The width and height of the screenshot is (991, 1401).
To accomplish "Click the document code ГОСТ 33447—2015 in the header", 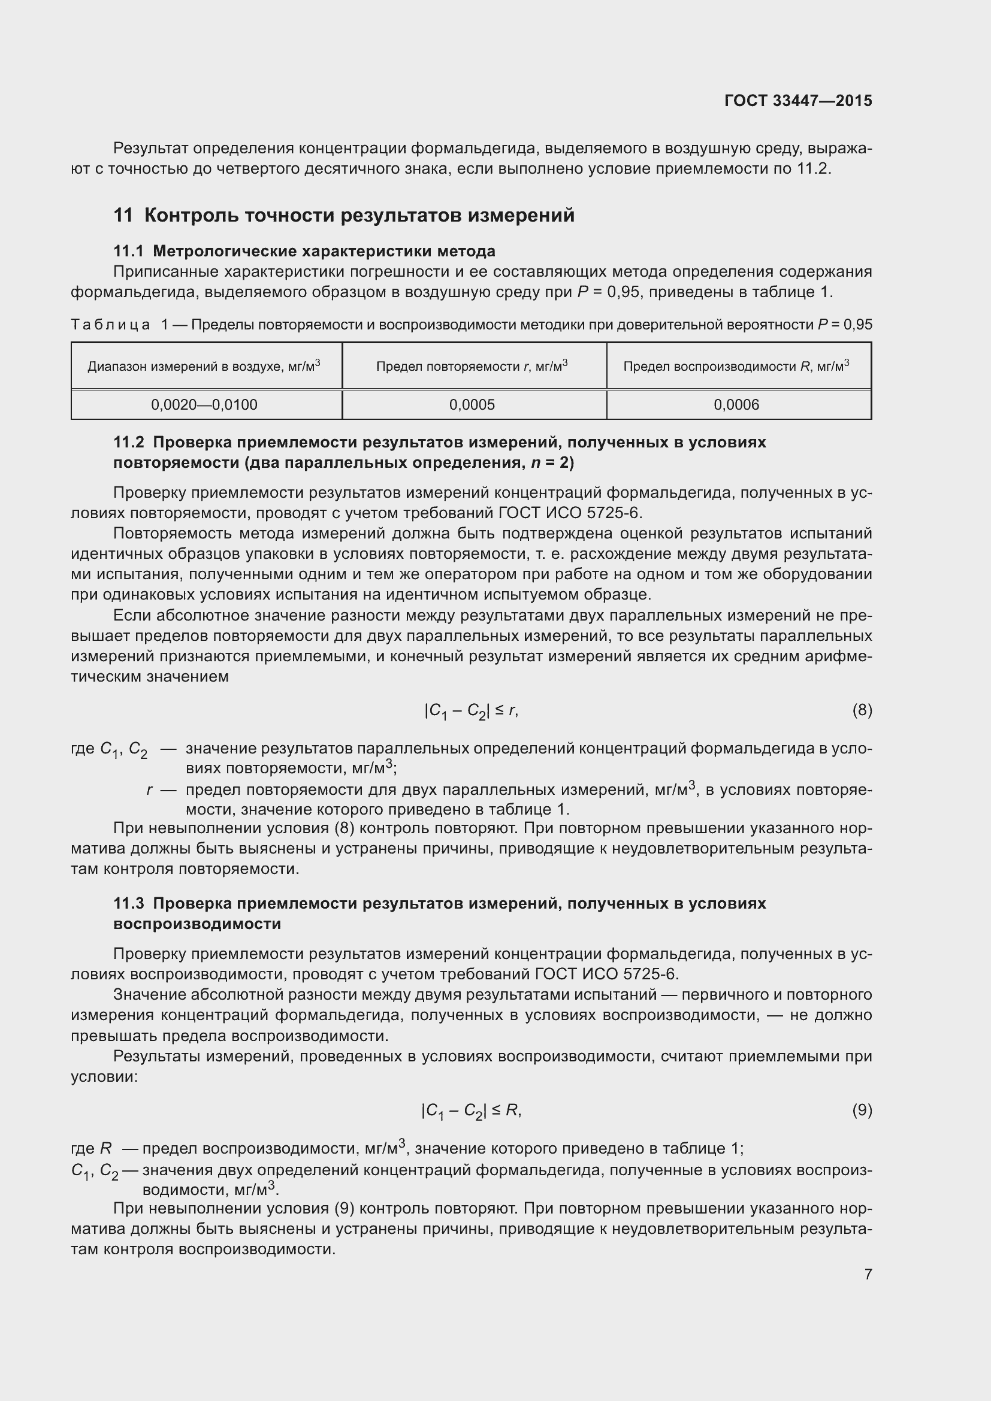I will (x=798, y=101).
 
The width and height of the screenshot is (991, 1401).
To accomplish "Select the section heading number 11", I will (x=123, y=216).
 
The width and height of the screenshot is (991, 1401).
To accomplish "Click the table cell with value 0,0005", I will (x=472, y=404).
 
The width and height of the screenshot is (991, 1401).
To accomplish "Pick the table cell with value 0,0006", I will (x=736, y=404).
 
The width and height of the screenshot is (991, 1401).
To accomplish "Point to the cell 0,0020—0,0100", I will (x=204, y=404).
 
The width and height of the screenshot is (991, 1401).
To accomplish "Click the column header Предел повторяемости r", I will (x=472, y=365).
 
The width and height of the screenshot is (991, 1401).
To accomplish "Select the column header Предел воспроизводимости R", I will (x=736, y=365).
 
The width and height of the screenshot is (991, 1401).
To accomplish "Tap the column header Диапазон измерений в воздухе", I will (x=204, y=365).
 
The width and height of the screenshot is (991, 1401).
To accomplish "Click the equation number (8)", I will (x=862, y=710).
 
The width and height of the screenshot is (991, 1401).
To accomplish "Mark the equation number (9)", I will (x=862, y=1110).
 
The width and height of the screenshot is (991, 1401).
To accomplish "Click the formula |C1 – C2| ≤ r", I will (x=471, y=711).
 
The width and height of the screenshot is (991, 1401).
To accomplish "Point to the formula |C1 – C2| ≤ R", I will (x=471, y=1111).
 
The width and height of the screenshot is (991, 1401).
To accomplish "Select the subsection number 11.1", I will (x=128, y=251).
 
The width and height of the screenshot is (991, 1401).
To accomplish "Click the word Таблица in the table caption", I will (x=110, y=325).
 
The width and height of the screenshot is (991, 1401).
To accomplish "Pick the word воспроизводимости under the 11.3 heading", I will (x=197, y=923).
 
